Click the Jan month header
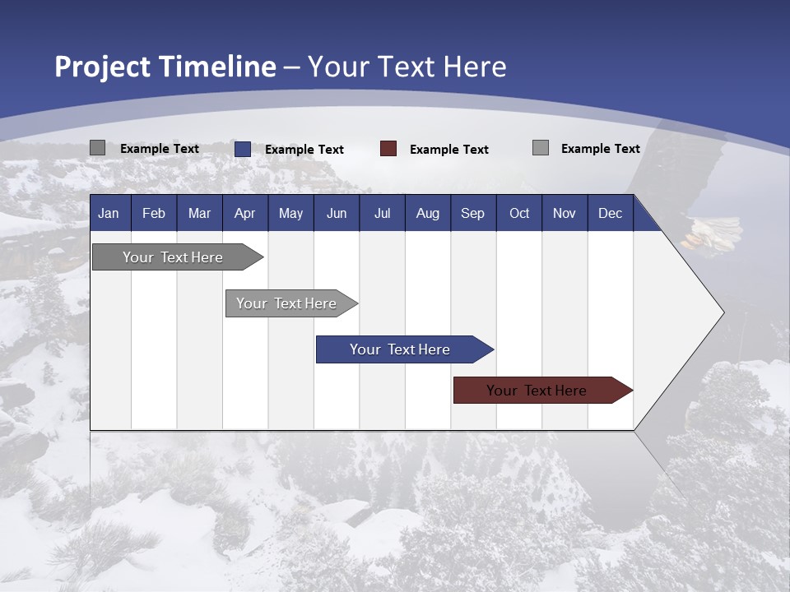click(x=109, y=213)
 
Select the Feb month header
click(x=154, y=213)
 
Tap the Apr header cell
click(x=244, y=213)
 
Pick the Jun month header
click(x=337, y=213)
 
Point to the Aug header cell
click(x=427, y=213)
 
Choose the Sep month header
click(x=472, y=213)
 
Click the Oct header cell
click(x=519, y=213)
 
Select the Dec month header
click(x=610, y=213)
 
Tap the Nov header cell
click(x=565, y=213)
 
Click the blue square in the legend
click(x=243, y=149)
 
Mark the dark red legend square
click(x=388, y=149)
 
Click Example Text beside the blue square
click(x=304, y=150)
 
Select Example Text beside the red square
click(x=449, y=150)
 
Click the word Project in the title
click(x=102, y=67)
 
